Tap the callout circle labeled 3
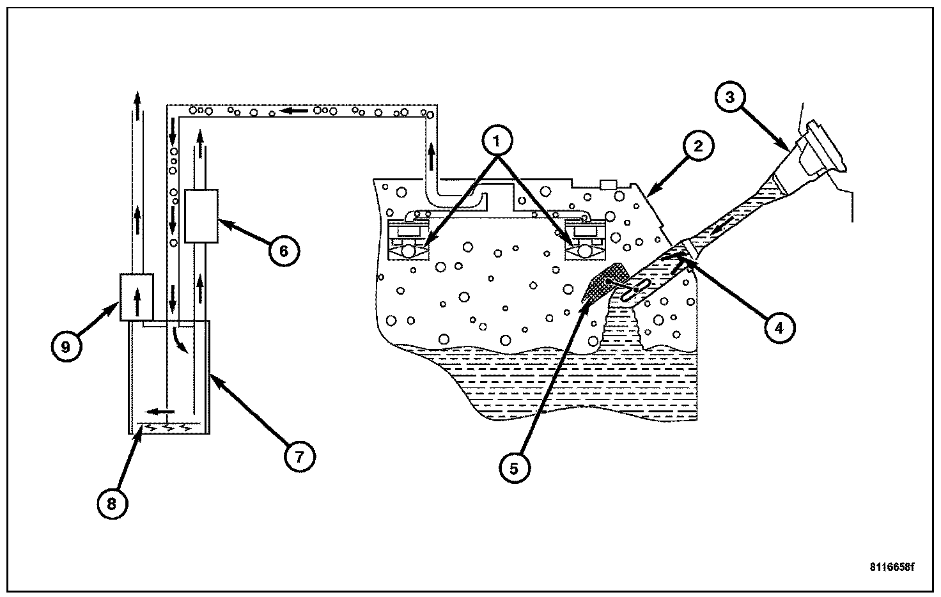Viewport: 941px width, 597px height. tap(730, 98)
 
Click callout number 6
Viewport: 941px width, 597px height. tap(283, 251)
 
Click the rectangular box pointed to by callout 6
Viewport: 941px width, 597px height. tap(201, 216)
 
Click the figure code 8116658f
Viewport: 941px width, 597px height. tap(891, 567)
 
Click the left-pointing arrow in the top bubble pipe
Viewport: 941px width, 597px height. tap(296, 111)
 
